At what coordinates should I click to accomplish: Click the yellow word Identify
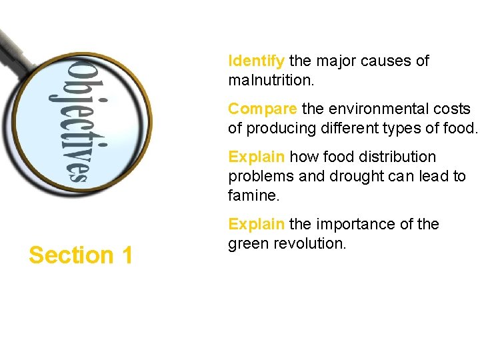coord(256,61)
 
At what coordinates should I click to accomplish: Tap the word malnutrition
coord(271,81)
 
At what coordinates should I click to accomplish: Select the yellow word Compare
coord(262,109)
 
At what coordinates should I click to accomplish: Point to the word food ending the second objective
coord(459,128)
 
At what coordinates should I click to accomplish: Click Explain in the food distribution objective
coord(256,157)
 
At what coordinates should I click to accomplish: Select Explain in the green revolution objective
coord(256,224)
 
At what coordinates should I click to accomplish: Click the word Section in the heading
coord(71,255)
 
